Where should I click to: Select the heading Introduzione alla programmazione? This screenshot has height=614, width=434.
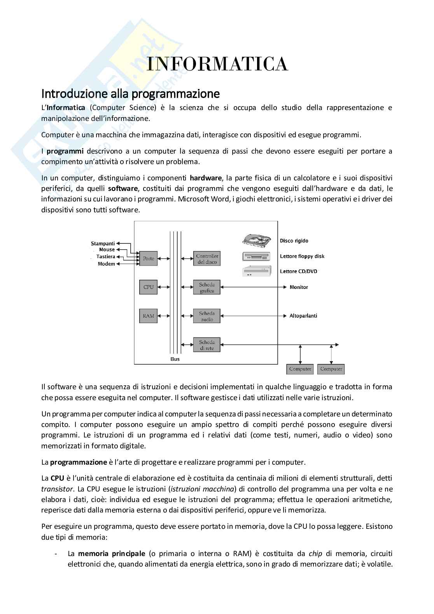tap(130, 94)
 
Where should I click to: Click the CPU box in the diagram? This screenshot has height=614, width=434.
tap(149, 287)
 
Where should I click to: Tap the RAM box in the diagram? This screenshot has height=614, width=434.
tap(149, 316)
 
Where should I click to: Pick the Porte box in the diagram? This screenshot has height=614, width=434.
tap(149, 259)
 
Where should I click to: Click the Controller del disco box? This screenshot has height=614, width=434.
tap(207, 259)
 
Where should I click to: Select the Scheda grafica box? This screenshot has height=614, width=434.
tap(207, 287)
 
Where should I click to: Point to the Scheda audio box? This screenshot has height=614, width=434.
tap(207, 316)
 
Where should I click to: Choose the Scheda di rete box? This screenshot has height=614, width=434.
tap(207, 345)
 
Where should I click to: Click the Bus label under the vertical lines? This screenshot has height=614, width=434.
tap(175, 359)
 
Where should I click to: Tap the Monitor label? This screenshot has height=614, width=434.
tap(299, 287)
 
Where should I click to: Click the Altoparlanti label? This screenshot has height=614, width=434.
tap(303, 316)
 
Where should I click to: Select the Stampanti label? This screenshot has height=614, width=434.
tap(103, 243)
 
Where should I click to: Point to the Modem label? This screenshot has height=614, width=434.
tap(106, 264)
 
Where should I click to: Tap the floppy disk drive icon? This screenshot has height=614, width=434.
tap(256, 256)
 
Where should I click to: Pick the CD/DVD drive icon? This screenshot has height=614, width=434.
tap(256, 271)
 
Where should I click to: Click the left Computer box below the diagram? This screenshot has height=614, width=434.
tap(300, 369)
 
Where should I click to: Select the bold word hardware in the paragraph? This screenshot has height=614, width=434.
tap(205, 178)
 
